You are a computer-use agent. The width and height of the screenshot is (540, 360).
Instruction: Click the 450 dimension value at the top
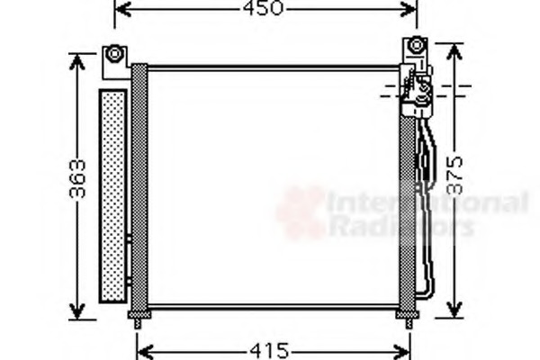(265, 9)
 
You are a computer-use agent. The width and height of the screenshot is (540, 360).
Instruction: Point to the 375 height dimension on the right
(454, 176)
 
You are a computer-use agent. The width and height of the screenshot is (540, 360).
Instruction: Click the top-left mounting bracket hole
(114, 53)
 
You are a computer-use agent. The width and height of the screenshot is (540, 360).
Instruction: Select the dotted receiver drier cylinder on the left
(112, 196)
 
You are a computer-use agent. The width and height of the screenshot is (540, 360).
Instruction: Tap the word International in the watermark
(427, 202)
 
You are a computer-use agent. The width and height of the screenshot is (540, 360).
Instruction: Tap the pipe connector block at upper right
(418, 90)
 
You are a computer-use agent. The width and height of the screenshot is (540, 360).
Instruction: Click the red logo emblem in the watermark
(301, 212)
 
